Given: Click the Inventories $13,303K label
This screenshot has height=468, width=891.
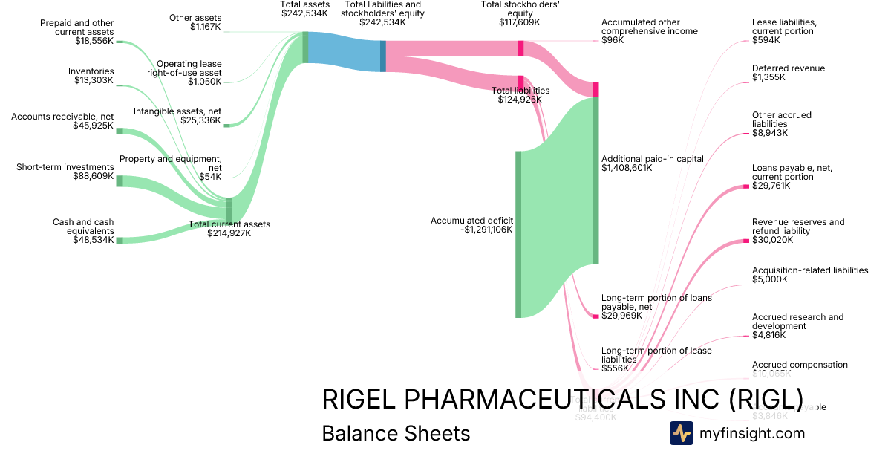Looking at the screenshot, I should coord(94,76).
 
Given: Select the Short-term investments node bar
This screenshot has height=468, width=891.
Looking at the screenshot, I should coord(119,181).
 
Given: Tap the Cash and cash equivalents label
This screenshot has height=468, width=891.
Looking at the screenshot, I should coord(82,231).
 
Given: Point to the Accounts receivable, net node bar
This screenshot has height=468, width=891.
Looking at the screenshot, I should coord(119,131).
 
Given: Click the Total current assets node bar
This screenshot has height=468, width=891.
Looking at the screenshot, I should coord(229,210).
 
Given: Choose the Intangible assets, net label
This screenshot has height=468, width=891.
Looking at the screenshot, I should coord(178,116).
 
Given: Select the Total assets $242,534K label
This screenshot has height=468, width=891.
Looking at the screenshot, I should coord(304,9).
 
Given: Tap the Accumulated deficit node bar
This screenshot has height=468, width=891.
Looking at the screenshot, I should coord(518,234).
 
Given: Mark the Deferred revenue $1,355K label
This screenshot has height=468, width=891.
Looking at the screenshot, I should coord(788,73).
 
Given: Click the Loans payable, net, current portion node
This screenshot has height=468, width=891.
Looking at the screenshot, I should coord(746,186).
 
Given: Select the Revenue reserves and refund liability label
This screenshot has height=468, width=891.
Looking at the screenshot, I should coord(797,227).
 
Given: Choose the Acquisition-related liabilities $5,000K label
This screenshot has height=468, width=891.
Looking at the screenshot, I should coord(809,275).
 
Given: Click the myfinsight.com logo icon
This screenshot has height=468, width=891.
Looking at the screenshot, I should coord(681,433).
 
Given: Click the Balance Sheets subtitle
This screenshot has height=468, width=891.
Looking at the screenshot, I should coord(396,433).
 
